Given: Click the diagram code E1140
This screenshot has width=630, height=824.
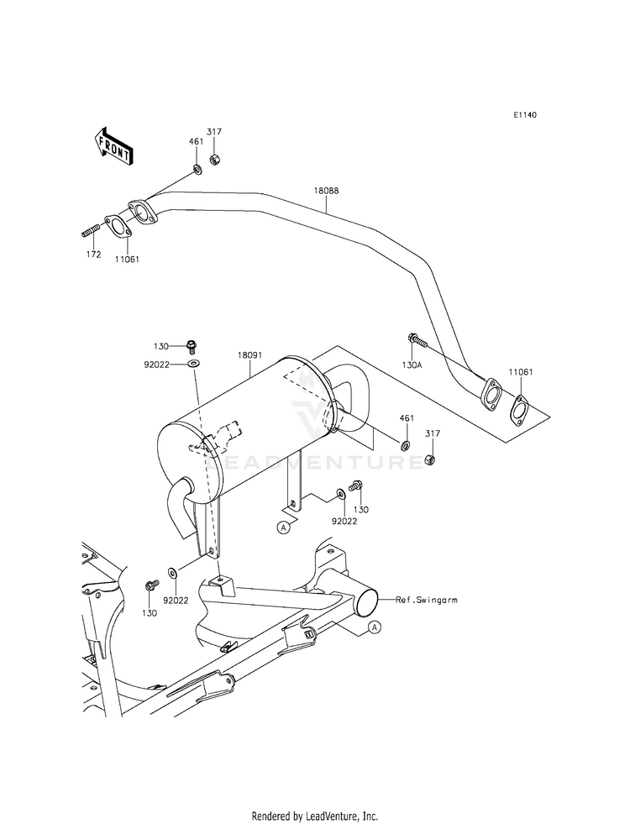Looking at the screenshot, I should point(526,115).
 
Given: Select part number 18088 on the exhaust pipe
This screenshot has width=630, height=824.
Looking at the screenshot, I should point(326,192).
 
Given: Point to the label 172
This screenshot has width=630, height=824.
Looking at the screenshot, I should point(93,255).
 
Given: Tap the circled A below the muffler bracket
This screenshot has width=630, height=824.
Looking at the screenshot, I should point(284,527).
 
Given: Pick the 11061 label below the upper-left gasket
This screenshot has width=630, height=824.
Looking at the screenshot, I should point(127,260).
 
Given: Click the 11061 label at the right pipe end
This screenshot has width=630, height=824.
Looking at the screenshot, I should point(518,370).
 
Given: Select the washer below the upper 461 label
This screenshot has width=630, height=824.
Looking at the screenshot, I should point(197,171).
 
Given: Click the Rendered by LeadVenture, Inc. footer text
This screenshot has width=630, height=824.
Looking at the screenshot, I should point(315,816).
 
